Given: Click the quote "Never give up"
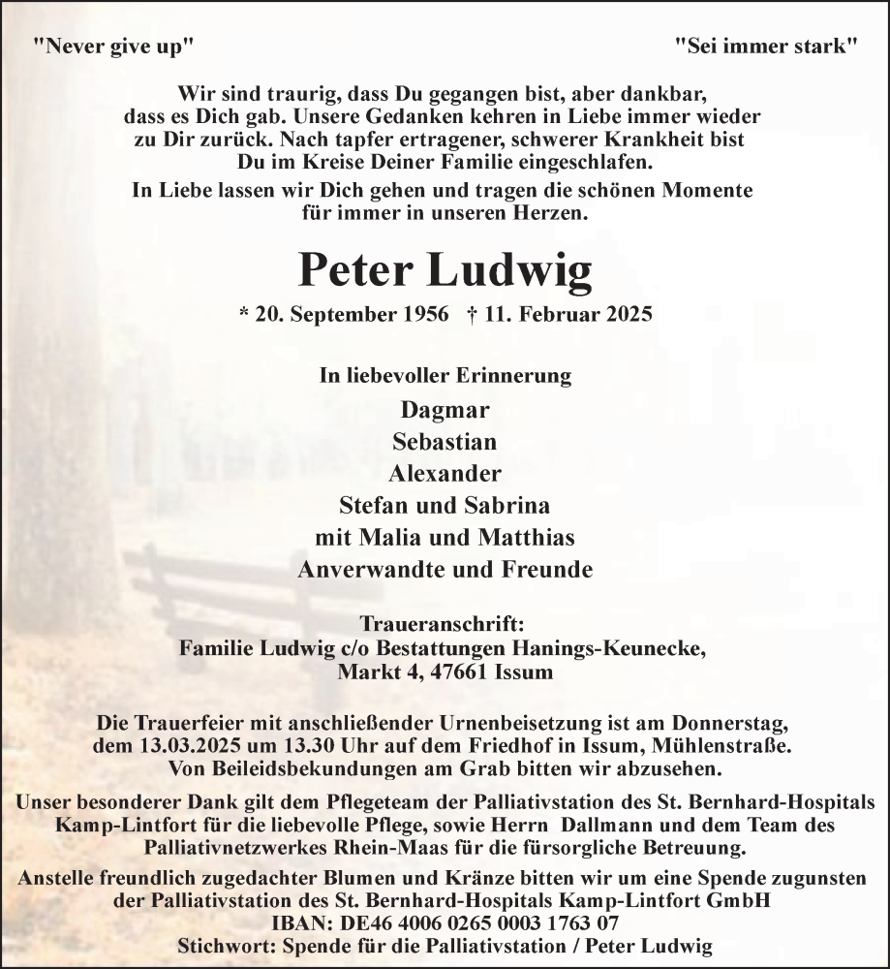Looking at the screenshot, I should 113,46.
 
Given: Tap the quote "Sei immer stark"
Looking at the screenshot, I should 766,46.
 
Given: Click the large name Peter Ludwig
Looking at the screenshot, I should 445,270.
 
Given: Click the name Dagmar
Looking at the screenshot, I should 445,410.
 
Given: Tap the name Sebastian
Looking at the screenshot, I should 445,442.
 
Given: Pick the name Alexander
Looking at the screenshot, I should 445,474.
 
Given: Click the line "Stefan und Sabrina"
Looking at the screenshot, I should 445,506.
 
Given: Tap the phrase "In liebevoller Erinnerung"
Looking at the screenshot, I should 445,375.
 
